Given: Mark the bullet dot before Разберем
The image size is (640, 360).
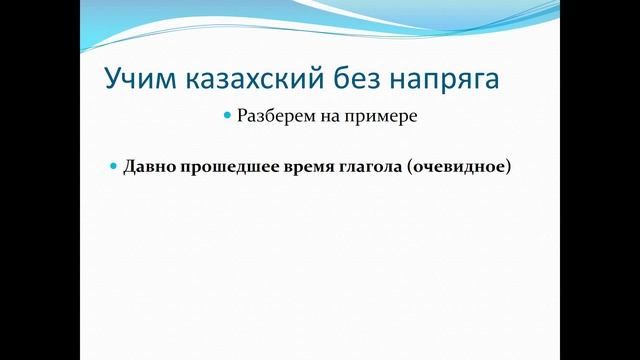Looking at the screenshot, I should point(227,117).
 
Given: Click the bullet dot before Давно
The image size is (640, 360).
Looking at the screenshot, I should point(113,165).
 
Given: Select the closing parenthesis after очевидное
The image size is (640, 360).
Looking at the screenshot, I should point(507,166).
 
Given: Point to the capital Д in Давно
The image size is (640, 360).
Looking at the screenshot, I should point(129,166).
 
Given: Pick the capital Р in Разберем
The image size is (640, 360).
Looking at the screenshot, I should point(241,117).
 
